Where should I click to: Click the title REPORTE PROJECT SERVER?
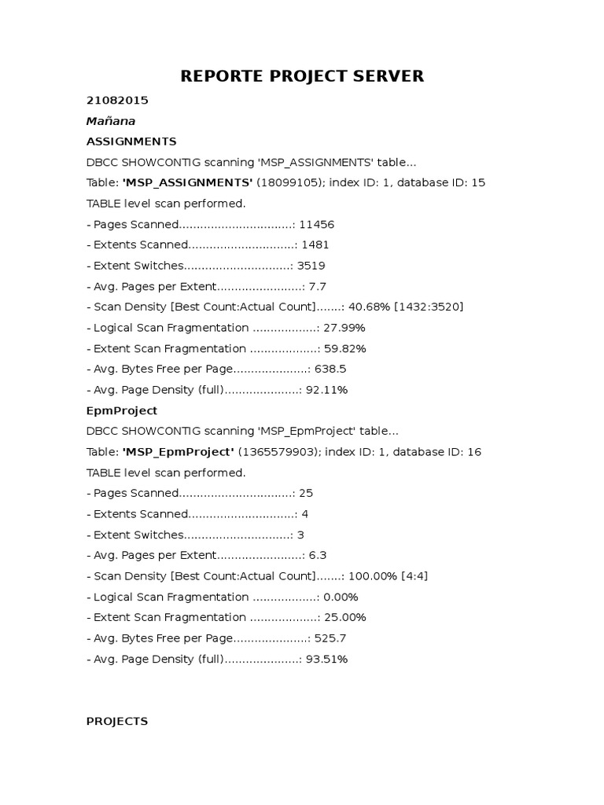[302, 76]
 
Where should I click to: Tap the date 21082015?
[117, 101]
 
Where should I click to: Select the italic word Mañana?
[111, 121]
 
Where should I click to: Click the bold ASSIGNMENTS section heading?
[131, 142]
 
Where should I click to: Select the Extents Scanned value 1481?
[315, 244]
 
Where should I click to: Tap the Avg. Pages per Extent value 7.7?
[318, 286]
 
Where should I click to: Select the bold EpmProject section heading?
[122, 410]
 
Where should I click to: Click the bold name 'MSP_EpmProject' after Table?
[179, 452]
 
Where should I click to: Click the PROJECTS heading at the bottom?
[117, 721]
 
